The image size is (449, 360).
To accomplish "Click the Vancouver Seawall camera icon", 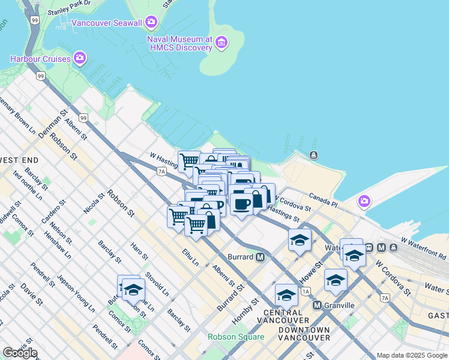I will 151,23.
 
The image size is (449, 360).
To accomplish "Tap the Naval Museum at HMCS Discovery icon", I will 222,42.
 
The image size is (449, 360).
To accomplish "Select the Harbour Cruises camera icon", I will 79,58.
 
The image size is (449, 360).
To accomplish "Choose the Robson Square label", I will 236,337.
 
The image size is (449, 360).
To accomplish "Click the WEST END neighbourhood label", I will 19,160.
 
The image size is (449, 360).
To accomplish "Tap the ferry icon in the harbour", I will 313,156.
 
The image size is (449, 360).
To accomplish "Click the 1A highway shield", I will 306,292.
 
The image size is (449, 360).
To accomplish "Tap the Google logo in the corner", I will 20,353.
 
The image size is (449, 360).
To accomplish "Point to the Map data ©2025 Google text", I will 412,355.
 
